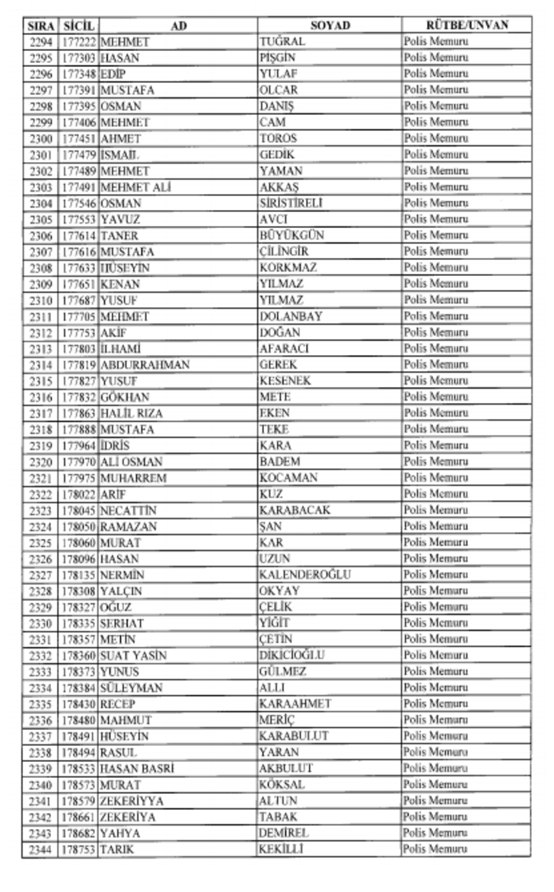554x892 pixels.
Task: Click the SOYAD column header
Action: click(330, 26)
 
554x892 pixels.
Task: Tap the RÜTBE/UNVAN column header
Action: click(466, 26)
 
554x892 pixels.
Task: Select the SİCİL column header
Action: click(79, 26)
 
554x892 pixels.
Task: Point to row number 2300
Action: click(41, 139)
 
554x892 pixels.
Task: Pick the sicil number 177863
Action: click(79, 414)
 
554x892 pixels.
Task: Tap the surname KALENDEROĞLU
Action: click(304, 575)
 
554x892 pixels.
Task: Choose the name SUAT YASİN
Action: click(133, 656)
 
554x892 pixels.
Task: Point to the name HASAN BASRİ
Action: click(137, 769)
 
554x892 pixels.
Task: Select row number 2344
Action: click(41, 849)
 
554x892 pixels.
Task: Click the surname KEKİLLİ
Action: click(281, 849)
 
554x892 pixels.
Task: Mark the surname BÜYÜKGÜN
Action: click(291, 236)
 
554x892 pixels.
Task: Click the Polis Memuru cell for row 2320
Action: click(435, 462)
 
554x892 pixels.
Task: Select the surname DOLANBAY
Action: click(290, 316)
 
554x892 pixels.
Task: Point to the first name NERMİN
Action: click(122, 575)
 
